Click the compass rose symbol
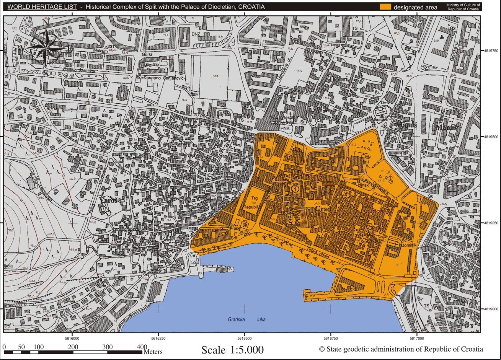(x=46, y=48)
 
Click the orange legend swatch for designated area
(x=385, y=7)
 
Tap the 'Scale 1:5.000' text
(x=232, y=350)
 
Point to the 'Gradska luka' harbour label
(x=246, y=319)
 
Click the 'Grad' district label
(x=323, y=209)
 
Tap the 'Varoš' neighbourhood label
(x=107, y=200)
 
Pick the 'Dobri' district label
(x=338, y=79)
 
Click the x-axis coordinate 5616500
(x=244, y=338)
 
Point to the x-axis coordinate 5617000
(x=416, y=338)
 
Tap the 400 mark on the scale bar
(x=141, y=347)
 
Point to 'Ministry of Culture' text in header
(x=463, y=5)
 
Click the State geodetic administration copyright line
(x=401, y=349)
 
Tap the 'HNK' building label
(x=285, y=129)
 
